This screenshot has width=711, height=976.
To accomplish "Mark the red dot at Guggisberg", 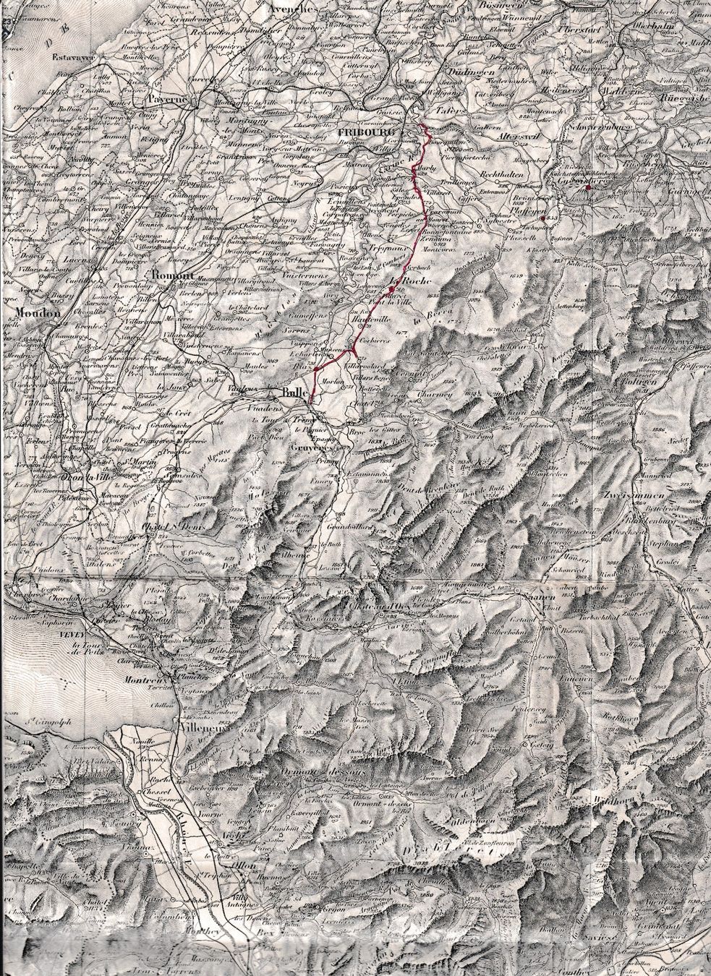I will [588, 187].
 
